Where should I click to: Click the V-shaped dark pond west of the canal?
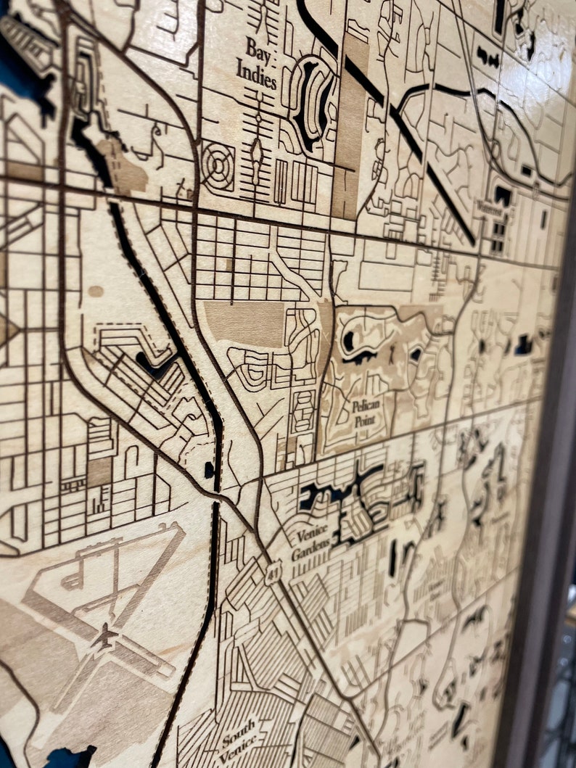[155, 363]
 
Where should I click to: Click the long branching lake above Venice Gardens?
[341, 493]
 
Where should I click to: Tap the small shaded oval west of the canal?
[96, 291]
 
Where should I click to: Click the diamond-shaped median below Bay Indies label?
[256, 152]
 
